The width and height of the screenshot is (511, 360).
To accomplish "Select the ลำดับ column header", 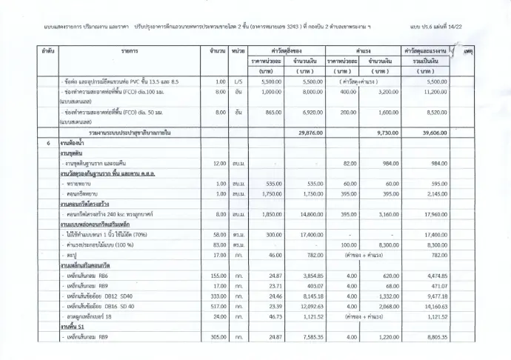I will (47, 50).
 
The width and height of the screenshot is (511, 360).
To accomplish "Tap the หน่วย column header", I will (238, 50).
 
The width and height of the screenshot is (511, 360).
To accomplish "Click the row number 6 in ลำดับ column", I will (47, 142).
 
